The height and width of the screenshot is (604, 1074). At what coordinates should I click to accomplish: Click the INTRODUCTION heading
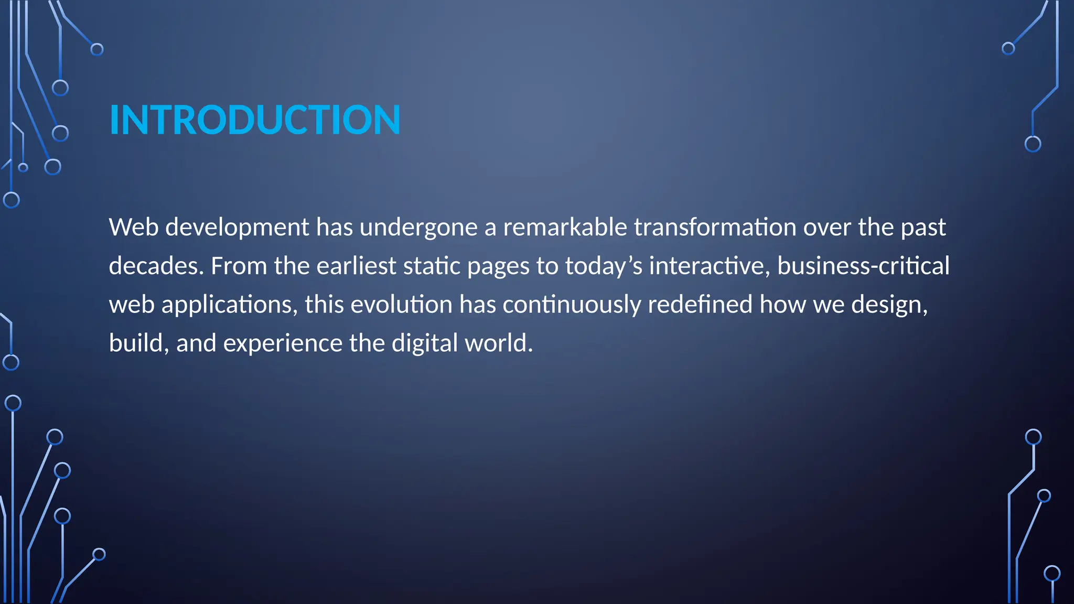[x=255, y=120]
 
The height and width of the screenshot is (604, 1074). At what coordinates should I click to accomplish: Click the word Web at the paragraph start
[x=133, y=228]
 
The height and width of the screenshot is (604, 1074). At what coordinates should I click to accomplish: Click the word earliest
[x=356, y=266]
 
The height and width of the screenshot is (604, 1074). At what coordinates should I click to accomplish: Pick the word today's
[x=603, y=266]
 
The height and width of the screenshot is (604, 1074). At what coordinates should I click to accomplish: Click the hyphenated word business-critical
[x=863, y=266]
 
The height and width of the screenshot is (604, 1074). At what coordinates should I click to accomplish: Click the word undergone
[x=418, y=228]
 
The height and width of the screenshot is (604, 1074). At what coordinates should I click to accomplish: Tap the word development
[x=237, y=228]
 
